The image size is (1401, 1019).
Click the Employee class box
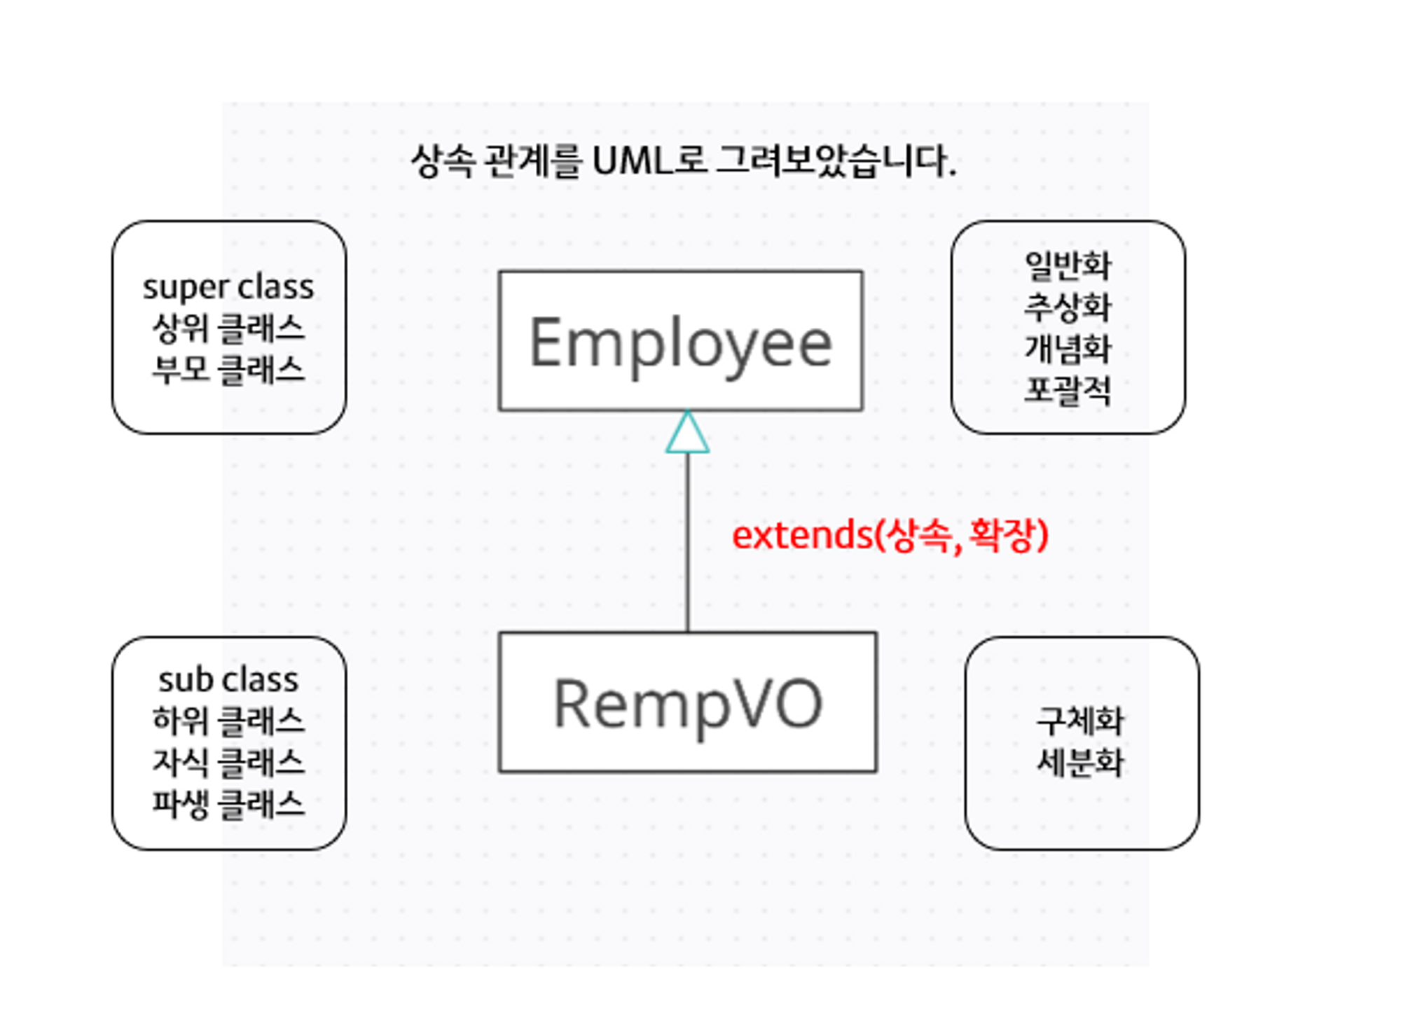680,341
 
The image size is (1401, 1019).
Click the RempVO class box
687,702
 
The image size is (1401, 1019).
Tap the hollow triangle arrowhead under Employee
687,434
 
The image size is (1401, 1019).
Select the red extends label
890,536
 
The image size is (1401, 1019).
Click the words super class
228,287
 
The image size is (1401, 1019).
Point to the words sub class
228,680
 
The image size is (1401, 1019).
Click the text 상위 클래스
228,328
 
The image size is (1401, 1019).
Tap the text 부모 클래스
228,370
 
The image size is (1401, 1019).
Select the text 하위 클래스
228,721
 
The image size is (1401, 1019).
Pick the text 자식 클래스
228,763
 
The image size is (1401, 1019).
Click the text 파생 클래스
228,804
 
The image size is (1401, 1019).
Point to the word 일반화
1068,265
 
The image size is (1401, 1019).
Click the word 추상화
1068,307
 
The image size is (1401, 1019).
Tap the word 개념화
1068,349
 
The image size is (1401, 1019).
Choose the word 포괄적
1068,390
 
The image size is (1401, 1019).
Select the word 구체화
1080,721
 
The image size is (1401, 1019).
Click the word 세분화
1080,763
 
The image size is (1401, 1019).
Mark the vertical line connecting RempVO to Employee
687,546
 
